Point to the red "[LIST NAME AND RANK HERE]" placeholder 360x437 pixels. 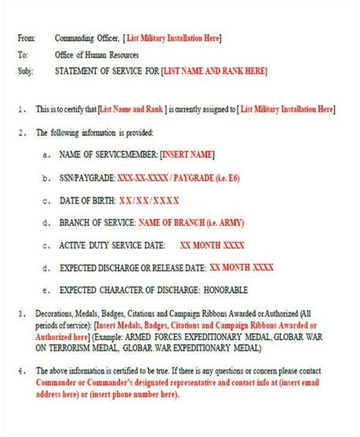point(215,71)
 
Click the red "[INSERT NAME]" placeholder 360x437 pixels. point(187,154)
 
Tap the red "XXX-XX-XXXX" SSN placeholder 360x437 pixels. point(141,178)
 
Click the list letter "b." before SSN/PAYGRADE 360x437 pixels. point(48,178)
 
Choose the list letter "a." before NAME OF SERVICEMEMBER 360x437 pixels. point(48,155)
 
